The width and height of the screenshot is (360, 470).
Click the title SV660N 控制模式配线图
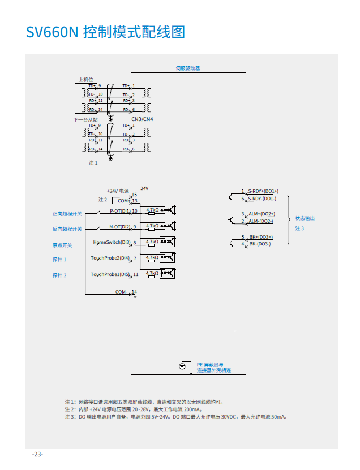point(105,32)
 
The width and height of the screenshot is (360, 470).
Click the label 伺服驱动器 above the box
point(188,68)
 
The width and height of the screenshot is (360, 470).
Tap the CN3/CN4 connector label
point(142,119)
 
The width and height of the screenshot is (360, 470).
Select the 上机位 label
point(85,80)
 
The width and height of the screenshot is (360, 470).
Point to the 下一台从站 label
point(85,120)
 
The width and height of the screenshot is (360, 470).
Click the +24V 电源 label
point(118,191)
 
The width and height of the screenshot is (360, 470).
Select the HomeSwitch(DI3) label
point(112,242)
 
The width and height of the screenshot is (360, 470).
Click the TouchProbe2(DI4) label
point(110,258)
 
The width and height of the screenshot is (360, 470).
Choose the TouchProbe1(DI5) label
point(110,274)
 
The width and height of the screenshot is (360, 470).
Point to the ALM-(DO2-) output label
point(261,221)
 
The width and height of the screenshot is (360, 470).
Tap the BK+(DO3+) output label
point(261,237)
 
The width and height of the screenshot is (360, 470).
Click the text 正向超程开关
point(67,214)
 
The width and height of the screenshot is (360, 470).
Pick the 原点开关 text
point(62,245)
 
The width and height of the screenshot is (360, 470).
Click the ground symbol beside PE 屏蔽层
point(182,366)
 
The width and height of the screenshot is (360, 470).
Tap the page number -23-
point(37,454)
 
